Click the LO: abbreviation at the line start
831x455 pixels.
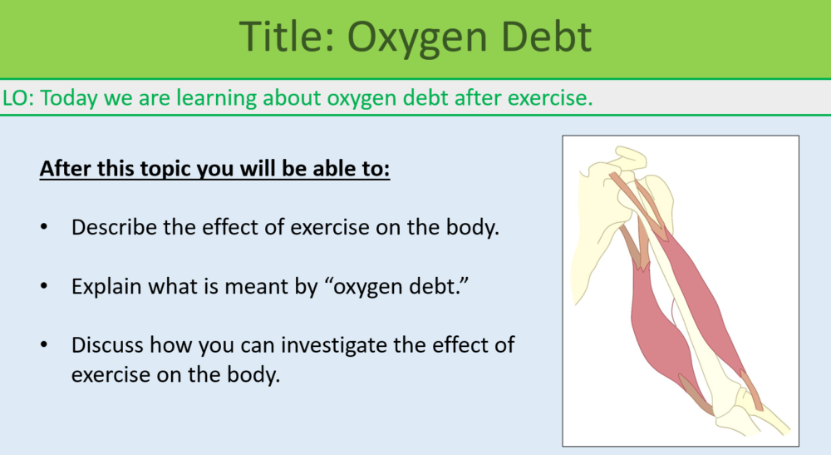coord(18,97)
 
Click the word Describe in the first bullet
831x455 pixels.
coord(108,227)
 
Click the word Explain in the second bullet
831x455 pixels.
coord(103,286)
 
